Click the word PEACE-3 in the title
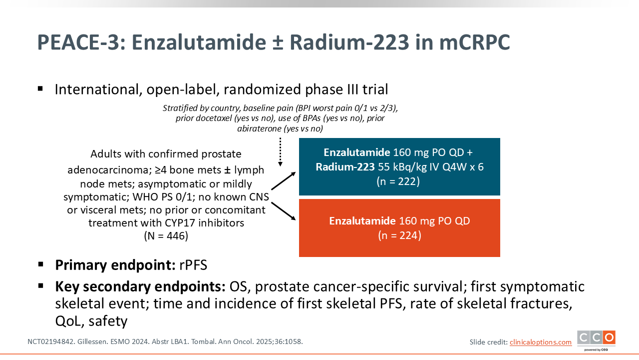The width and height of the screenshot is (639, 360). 81,42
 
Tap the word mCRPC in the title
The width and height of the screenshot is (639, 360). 474,42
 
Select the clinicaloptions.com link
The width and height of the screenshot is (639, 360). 541,342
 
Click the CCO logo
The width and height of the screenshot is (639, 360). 596,339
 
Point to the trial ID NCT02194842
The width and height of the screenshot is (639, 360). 51,341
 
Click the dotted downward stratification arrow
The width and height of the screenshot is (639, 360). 281,152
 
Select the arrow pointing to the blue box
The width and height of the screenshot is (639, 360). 283,181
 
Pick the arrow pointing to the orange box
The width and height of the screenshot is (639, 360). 283,211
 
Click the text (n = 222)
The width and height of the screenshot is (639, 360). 398,181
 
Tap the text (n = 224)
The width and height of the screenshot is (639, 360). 400,235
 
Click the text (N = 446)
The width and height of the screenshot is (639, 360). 166,236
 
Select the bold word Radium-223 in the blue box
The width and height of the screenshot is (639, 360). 345,167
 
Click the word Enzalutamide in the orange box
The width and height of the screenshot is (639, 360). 362,221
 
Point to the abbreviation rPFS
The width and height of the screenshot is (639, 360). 193,265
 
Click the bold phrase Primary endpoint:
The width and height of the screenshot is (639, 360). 115,265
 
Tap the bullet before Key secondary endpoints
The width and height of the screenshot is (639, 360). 40,285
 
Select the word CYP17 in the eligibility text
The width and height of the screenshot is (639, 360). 180,223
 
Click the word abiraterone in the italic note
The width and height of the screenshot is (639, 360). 259,128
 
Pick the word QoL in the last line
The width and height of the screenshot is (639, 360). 69,321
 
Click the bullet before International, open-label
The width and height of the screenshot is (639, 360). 40,88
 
